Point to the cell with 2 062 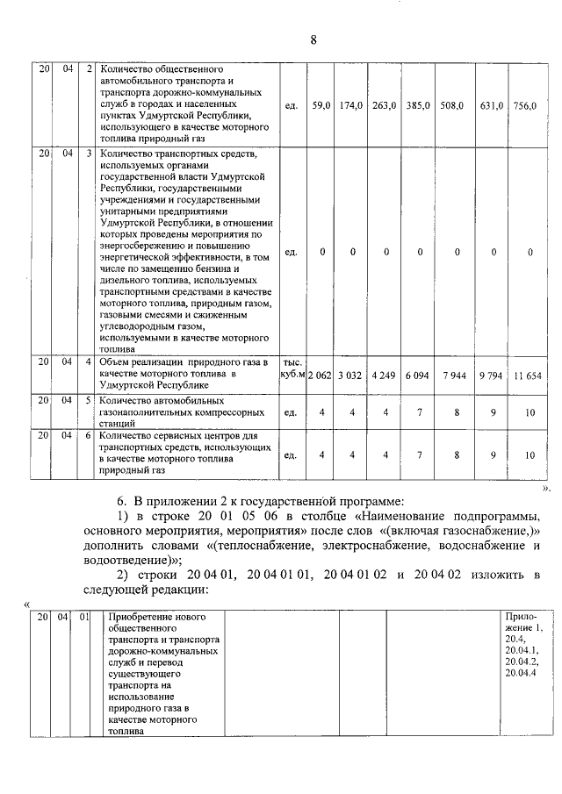321,375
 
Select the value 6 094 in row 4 419,375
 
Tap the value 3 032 352,375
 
